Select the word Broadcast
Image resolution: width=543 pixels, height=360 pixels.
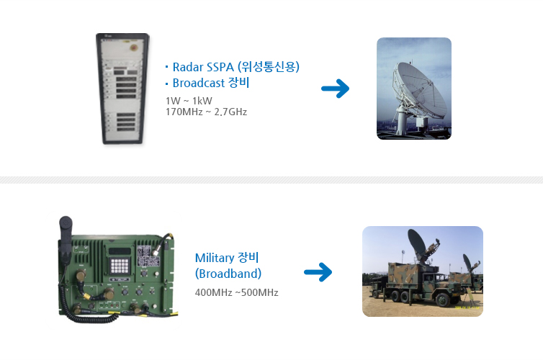pos(199,83)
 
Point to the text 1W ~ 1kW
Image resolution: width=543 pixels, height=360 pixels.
pos(189,101)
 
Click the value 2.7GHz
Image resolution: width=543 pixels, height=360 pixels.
pos(230,112)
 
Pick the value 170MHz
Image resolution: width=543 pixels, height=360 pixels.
pos(184,112)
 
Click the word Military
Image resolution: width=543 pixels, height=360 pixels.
pos(215,258)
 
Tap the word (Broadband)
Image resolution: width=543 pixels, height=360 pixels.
pos(228,274)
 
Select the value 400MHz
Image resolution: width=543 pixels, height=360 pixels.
pos(213,292)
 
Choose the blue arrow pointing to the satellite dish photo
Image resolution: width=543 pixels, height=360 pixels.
pos(335,89)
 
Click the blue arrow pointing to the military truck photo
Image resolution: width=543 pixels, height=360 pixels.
pos(318,272)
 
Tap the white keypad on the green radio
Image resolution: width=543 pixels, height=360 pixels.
pos(120,266)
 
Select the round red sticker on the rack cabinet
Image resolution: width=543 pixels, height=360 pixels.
pos(134,47)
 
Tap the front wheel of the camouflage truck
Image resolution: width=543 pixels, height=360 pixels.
pos(443,300)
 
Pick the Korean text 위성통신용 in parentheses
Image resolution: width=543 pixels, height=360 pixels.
pos(269,67)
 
